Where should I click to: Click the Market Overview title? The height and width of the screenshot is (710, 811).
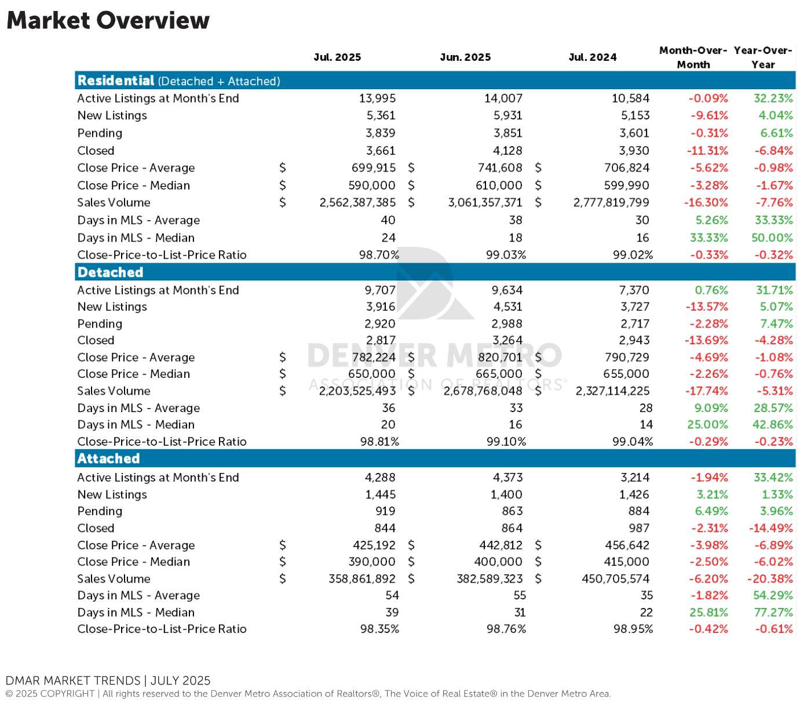(108, 20)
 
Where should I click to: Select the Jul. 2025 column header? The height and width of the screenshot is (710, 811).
(337, 57)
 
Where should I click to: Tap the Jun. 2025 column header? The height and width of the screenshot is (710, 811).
(465, 57)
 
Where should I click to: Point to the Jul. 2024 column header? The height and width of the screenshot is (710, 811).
(593, 57)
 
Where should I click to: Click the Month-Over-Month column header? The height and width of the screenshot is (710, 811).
(693, 57)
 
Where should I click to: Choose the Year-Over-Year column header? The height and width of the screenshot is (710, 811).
(763, 57)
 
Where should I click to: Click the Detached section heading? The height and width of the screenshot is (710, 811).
(110, 272)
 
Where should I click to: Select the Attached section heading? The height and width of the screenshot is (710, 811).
(108, 458)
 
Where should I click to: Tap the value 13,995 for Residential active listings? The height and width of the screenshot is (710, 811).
(377, 99)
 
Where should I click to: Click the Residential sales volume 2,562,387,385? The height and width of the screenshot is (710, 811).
(357, 203)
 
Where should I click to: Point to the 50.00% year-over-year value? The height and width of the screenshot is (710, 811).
(772, 238)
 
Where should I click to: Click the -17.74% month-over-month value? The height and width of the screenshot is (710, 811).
(706, 391)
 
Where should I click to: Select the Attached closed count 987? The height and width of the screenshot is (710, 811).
(638, 528)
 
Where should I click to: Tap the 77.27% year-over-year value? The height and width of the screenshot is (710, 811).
(773, 612)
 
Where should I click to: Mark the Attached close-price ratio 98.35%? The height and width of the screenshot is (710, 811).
(379, 629)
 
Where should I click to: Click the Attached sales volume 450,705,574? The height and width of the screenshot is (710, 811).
(616, 578)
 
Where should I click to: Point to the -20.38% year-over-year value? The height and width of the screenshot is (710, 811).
(770, 578)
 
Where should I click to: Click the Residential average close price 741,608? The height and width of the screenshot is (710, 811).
(500, 168)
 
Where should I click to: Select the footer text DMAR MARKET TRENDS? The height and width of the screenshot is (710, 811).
(73, 680)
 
